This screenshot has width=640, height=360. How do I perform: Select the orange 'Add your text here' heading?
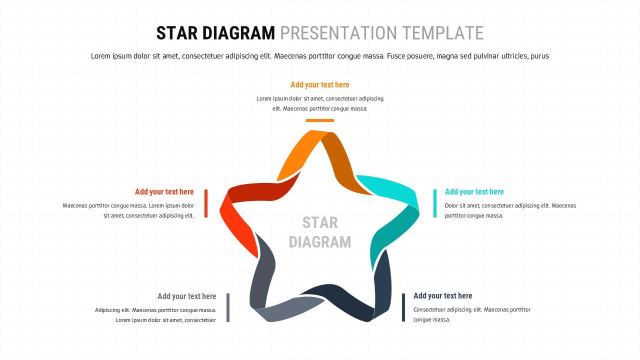pos(319,85)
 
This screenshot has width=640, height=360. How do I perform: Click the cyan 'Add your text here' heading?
pos(474,192)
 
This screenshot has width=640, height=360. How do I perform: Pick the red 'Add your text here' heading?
pos(164,192)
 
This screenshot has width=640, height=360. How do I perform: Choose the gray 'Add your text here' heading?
pos(186,296)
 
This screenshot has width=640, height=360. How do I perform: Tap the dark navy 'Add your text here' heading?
pos(442,296)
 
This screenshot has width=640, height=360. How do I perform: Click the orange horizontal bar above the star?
pos(319,120)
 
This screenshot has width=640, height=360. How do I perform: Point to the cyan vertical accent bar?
pos(434,203)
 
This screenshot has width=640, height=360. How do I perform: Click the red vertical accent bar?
pos(206,203)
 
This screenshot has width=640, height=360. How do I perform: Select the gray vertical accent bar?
pos(228,307)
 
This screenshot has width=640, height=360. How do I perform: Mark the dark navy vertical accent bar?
pos(403,307)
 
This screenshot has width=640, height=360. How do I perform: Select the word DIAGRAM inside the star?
pos(319,242)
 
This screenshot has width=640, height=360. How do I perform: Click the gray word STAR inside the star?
pos(319,222)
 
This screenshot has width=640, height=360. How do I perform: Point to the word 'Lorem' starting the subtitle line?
pos(100,56)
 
